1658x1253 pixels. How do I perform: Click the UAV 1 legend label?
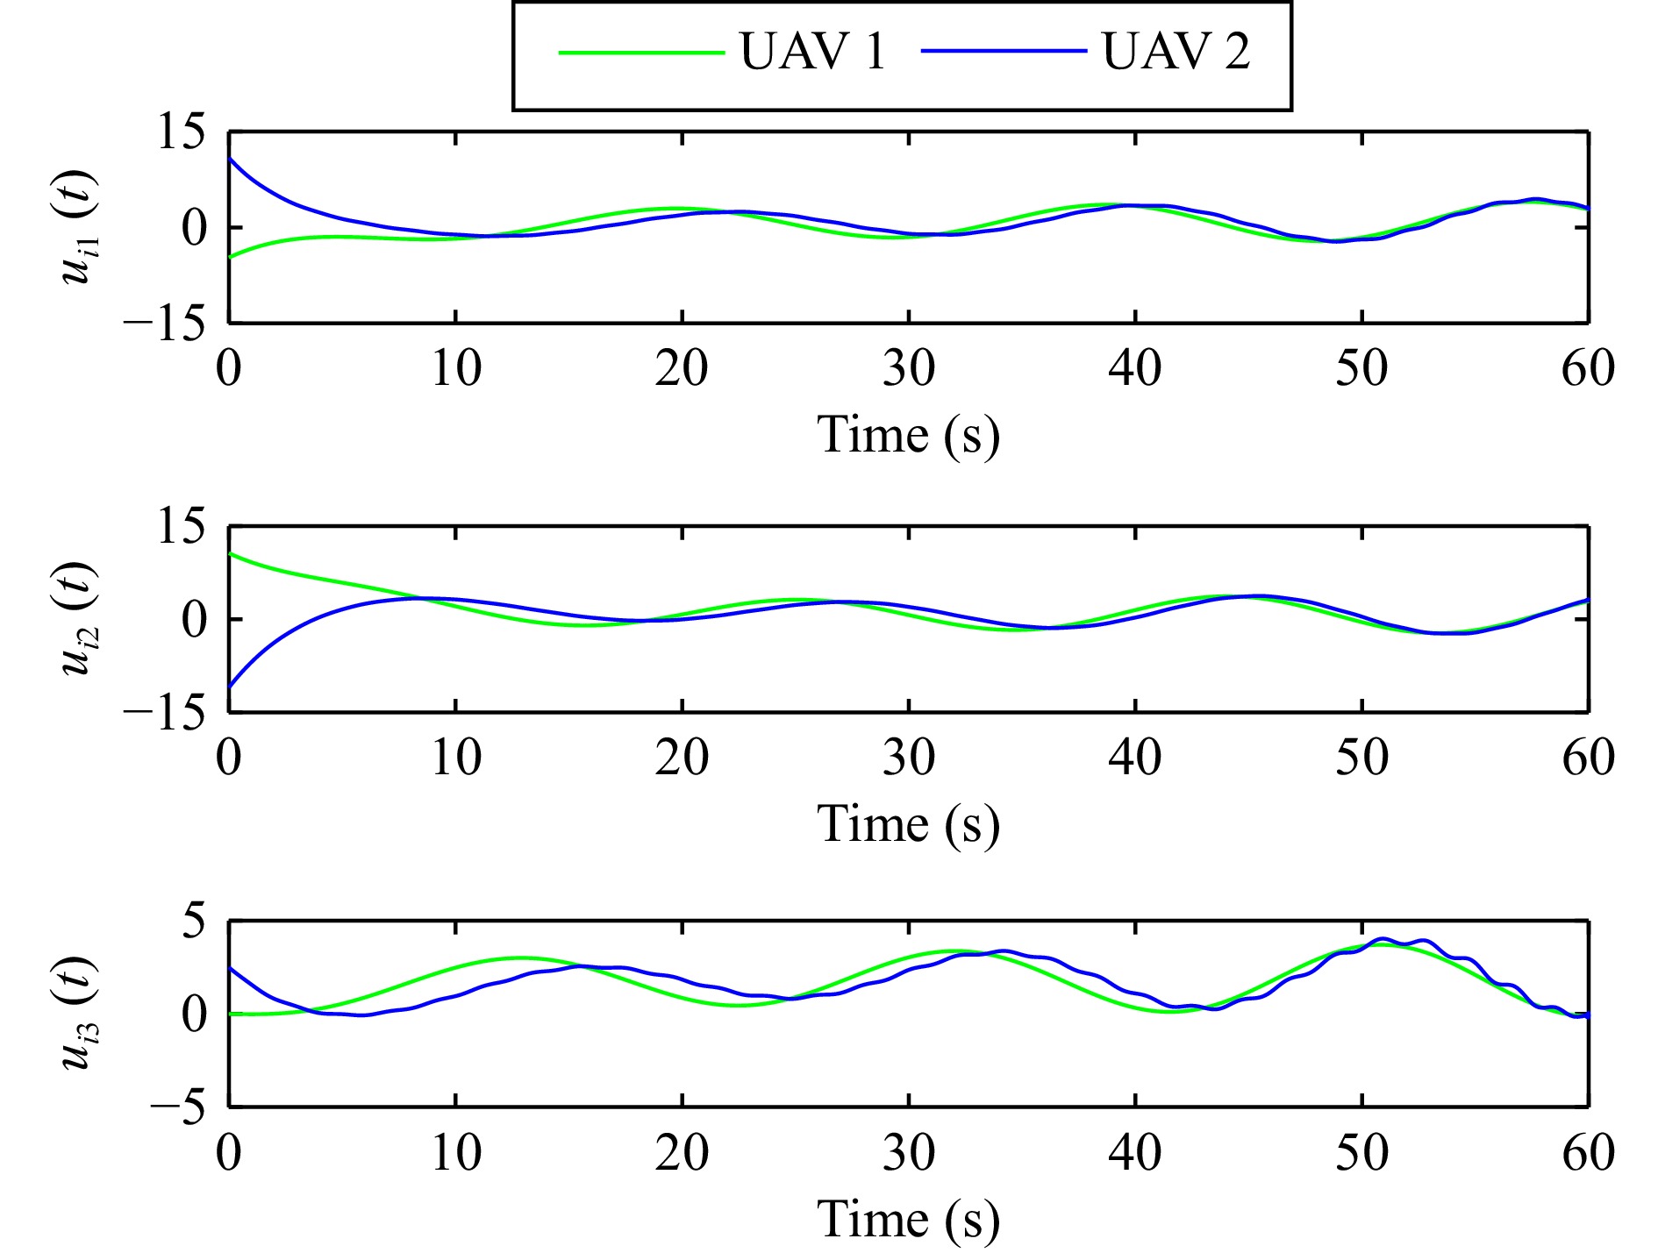click(813, 52)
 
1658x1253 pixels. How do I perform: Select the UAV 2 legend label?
click(1176, 52)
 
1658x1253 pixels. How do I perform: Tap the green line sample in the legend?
click(641, 53)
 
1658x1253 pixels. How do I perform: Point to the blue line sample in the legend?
click(1004, 53)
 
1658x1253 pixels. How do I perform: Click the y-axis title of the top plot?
click(79, 227)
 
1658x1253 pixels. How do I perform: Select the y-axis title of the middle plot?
click(79, 618)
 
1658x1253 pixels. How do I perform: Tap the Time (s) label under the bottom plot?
click(908, 1219)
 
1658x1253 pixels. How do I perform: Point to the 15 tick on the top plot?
click(181, 133)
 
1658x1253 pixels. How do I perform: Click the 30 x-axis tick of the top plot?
click(908, 368)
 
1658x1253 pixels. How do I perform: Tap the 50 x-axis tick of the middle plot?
click(1361, 758)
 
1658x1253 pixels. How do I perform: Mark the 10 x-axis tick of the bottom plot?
click(455, 1152)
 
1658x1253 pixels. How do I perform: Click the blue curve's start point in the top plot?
click(230, 159)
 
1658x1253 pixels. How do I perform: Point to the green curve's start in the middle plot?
click(230, 553)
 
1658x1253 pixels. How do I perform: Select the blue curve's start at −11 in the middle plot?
click(230, 687)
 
